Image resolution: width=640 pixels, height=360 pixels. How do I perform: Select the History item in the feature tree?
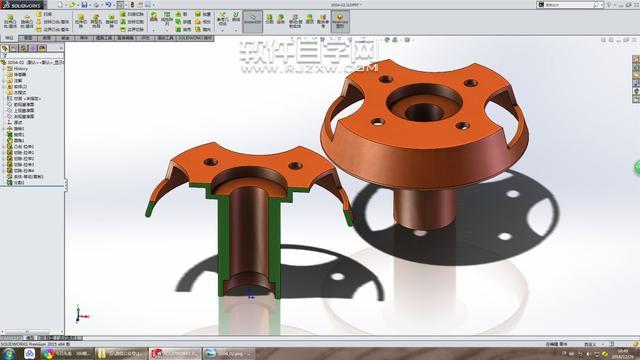pos(21,68)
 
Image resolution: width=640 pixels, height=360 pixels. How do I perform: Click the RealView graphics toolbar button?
pos(253,20)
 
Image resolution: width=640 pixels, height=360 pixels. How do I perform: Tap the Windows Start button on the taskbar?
pos(8,353)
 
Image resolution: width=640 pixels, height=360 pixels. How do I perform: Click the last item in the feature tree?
pos(20,182)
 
